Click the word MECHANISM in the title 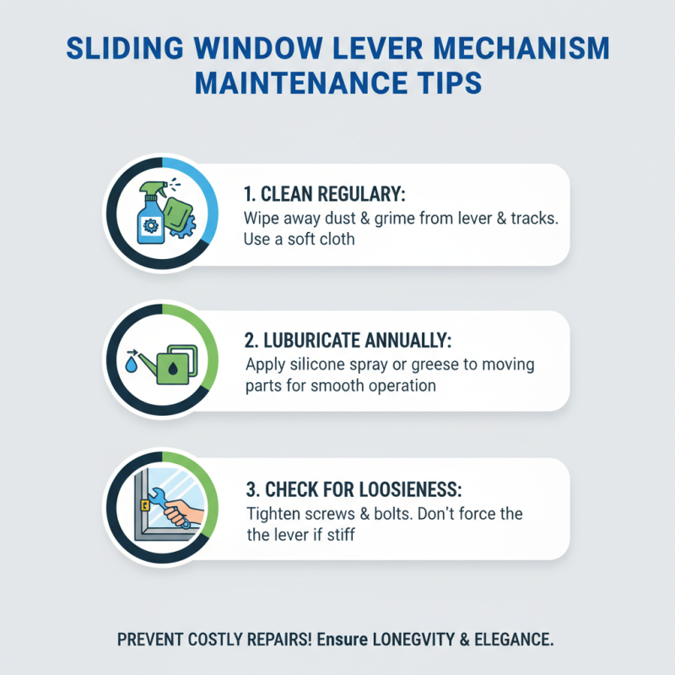coord(521,49)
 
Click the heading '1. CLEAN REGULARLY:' coord(324,194)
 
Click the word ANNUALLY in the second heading coord(408,342)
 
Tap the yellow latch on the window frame coord(145,505)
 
